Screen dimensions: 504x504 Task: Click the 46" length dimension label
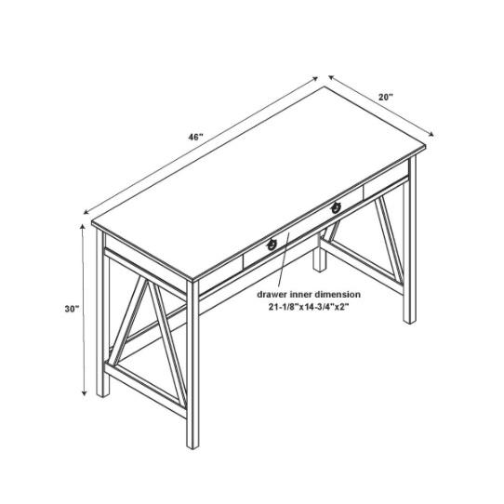[195, 138]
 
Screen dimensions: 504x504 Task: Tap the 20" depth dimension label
[385, 97]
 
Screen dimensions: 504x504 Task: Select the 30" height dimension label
[72, 309]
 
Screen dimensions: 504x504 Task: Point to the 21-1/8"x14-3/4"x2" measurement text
[309, 307]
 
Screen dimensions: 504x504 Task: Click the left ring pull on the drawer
[272, 245]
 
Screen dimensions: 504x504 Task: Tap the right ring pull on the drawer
[336, 208]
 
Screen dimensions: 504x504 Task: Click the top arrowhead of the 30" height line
[83, 227]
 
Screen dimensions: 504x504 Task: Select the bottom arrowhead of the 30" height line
[85, 392]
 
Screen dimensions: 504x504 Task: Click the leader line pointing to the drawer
[284, 259]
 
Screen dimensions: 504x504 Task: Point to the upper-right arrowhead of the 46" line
[315, 79]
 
